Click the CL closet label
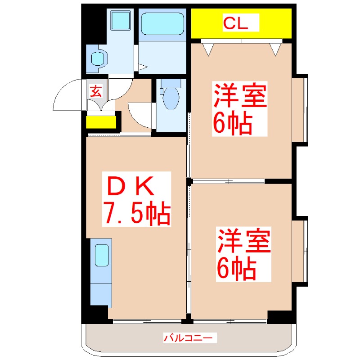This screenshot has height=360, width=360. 242,24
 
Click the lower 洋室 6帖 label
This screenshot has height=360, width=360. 243,255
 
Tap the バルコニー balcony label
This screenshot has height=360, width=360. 190,337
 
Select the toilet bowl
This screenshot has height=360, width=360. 171,99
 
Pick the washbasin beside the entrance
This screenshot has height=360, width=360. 98,58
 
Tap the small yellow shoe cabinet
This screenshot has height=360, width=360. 101,122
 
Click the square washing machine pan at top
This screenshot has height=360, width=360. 121,19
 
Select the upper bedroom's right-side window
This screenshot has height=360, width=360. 301,108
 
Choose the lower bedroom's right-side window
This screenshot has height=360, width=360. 301,252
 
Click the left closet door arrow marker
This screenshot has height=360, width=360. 208,49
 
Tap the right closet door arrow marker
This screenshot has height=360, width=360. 275,49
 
